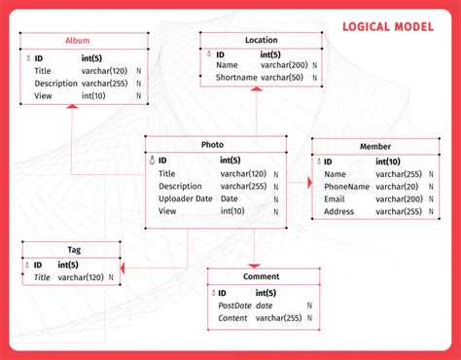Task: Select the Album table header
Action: click(x=77, y=41)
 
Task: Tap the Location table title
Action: click(x=261, y=40)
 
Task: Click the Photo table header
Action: click(x=212, y=144)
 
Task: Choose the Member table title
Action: click(x=375, y=146)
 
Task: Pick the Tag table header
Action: click(x=74, y=250)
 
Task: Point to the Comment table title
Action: click(x=261, y=277)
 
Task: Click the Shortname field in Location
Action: click(x=236, y=77)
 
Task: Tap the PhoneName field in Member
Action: click(x=347, y=186)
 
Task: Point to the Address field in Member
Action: click(x=340, y=211)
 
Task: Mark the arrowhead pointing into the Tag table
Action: click(x=122, y=266)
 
